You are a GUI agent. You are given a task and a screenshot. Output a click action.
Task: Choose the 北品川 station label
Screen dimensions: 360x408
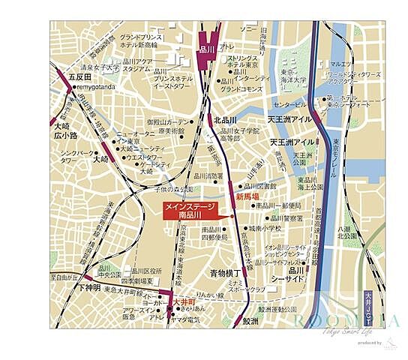[x=224, y=120]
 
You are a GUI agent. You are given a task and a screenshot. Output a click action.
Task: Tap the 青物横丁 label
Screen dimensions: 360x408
[x=225, y=273]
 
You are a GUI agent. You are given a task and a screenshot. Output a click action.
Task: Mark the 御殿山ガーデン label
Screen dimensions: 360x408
[x=169, y=121]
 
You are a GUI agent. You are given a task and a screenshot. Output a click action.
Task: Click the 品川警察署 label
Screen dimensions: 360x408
[x=286, y=219]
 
